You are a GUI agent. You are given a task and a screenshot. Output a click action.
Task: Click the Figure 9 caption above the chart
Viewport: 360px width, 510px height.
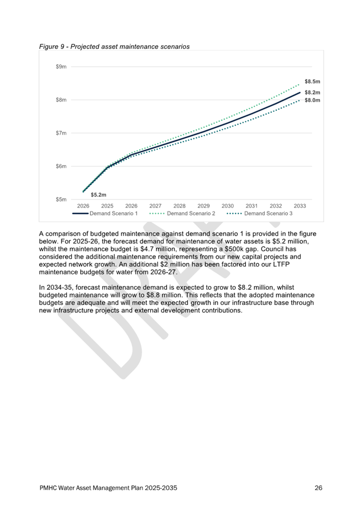[114, 46]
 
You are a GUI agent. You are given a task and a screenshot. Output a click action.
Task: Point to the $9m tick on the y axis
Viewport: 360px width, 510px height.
[61, 67]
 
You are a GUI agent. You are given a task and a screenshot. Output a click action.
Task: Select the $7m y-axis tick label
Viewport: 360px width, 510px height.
[61, 133]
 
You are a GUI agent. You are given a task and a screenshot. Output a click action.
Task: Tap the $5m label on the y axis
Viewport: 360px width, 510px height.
[61, 199]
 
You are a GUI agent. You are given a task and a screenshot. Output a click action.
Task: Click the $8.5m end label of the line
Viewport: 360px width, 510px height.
[312, 81]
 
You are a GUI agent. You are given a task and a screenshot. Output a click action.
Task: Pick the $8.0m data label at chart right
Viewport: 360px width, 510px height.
[312, 100]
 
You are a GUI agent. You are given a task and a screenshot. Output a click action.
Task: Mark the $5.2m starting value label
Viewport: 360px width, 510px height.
[98, 195]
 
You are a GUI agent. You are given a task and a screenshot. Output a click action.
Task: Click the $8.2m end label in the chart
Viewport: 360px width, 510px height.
[312, 93]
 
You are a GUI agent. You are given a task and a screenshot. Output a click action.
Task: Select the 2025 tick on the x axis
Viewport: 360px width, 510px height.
[107, 206]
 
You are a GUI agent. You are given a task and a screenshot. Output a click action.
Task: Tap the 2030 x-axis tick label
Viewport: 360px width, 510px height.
[228, 206]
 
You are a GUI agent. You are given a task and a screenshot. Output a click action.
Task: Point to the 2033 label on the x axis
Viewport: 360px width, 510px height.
[300, 206]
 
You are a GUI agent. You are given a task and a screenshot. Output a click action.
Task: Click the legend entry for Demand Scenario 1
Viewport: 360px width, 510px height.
[105, 213]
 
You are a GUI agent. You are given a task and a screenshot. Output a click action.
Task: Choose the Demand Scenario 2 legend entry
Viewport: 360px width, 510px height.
[182, 213]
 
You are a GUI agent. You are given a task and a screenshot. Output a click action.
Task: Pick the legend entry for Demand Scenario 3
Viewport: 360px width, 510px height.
[260, 213]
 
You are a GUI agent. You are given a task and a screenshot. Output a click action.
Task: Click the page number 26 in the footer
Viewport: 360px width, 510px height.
[318, 487]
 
